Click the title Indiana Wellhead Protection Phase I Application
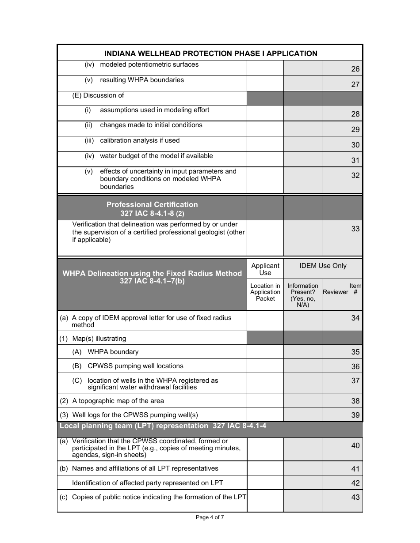210,53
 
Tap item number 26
355,69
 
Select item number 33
355,229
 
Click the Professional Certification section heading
152,208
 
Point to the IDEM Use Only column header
323,266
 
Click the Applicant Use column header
265,269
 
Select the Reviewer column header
335,292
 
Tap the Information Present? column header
302,295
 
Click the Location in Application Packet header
265,292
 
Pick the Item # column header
355,289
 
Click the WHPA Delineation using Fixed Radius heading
152,277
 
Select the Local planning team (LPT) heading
163,426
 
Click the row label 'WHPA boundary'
113,352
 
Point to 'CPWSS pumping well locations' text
135,366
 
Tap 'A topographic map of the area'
118,401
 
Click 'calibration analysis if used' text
140,140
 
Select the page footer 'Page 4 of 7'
210,518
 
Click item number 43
355,497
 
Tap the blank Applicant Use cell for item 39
265,415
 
